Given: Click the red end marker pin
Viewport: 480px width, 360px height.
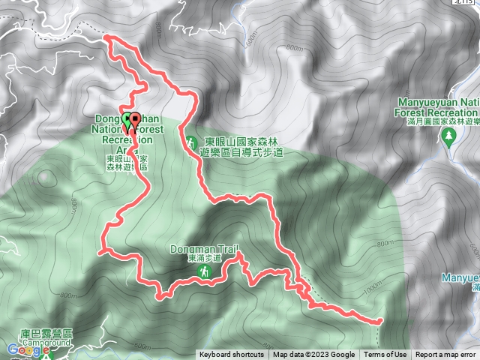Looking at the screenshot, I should click(135, 120).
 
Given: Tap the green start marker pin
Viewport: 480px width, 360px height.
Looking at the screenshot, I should click(126, 120).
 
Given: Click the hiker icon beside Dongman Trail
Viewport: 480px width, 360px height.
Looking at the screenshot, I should click(203, 275).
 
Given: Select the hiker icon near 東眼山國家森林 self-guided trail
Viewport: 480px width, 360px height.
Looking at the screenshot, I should click(191, 141).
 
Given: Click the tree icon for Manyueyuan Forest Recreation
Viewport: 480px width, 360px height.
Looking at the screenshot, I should click(449, 136).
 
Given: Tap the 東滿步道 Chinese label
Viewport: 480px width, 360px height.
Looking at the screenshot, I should click(203, 258).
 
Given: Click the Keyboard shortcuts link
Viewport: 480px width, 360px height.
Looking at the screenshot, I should click(232, 355).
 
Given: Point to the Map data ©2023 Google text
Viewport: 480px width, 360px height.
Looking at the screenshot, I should click(314, 355).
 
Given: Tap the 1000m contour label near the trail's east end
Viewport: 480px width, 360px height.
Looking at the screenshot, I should click(372, 288).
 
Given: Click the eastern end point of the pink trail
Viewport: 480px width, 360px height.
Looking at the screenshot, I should click(379, 321).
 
